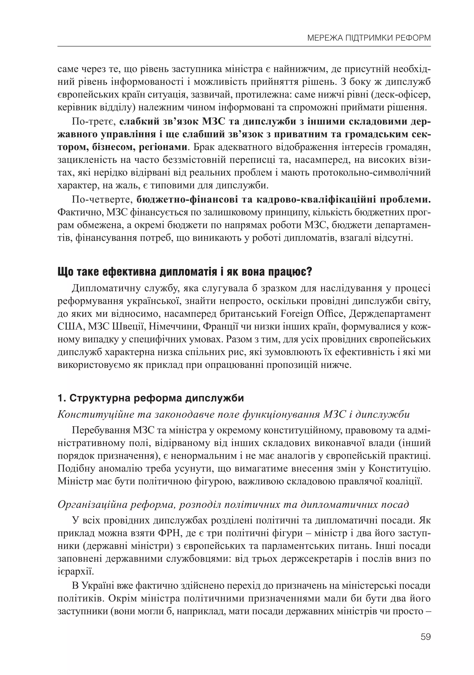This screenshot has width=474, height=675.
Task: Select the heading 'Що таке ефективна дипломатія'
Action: click(x=185, y=272)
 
